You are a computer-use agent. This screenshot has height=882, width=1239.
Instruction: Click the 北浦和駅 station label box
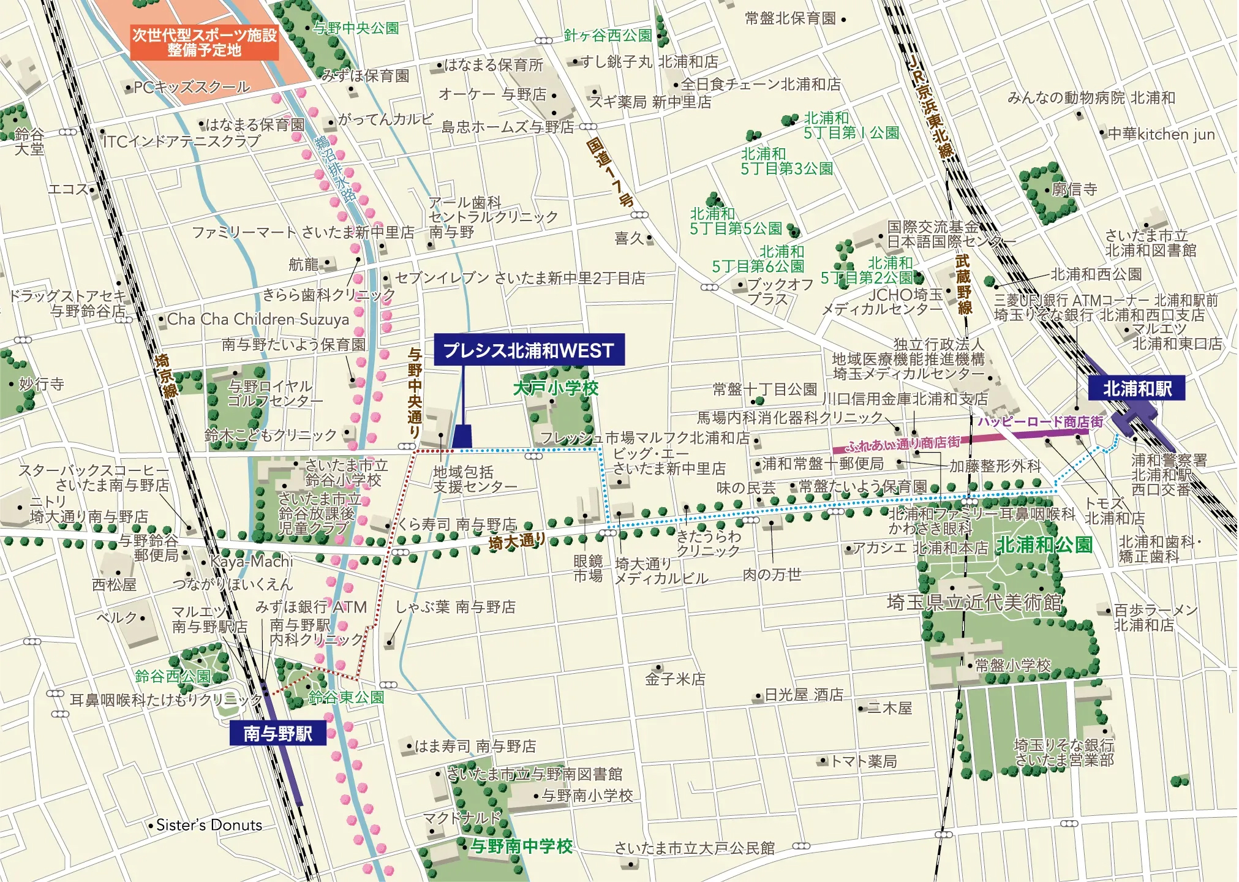[x=1137, y=388]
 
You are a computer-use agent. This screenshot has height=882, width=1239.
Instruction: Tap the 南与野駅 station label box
[x=277, y=733]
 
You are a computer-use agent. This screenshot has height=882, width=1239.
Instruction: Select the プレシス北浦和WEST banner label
[x=529, y=350]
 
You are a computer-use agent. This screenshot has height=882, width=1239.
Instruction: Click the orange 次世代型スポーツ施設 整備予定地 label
[x=205, y=42]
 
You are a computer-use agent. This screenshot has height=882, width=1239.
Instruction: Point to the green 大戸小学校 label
[x=555, y=388]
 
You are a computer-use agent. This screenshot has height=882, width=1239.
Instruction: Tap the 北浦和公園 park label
[x=1044, y=545]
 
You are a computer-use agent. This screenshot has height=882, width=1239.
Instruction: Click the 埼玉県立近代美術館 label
[x=974, y=602]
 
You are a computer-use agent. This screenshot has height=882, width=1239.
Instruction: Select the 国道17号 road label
[x=609, y=172]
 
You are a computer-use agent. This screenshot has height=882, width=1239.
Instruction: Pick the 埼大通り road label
[x=516, y=541]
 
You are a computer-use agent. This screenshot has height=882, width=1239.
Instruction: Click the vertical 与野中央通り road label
[x=415, y=393]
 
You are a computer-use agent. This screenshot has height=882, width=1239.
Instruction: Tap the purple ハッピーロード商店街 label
[x=1039, y=421]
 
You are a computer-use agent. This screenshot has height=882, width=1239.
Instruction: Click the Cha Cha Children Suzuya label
[x=258, y=319]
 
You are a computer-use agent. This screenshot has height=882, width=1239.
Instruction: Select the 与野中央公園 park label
[x=356, y=28]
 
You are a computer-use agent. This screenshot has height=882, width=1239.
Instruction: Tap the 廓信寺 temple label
[x=1074, y=189]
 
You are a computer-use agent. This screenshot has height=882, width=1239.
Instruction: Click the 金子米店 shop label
[x=675, y=679]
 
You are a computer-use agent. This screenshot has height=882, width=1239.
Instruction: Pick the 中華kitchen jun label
[x=1161, y=134]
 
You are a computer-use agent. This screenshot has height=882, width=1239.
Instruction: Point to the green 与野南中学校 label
[x=521, y=846]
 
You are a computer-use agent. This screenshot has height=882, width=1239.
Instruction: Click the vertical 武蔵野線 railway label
[x=963, y=285]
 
